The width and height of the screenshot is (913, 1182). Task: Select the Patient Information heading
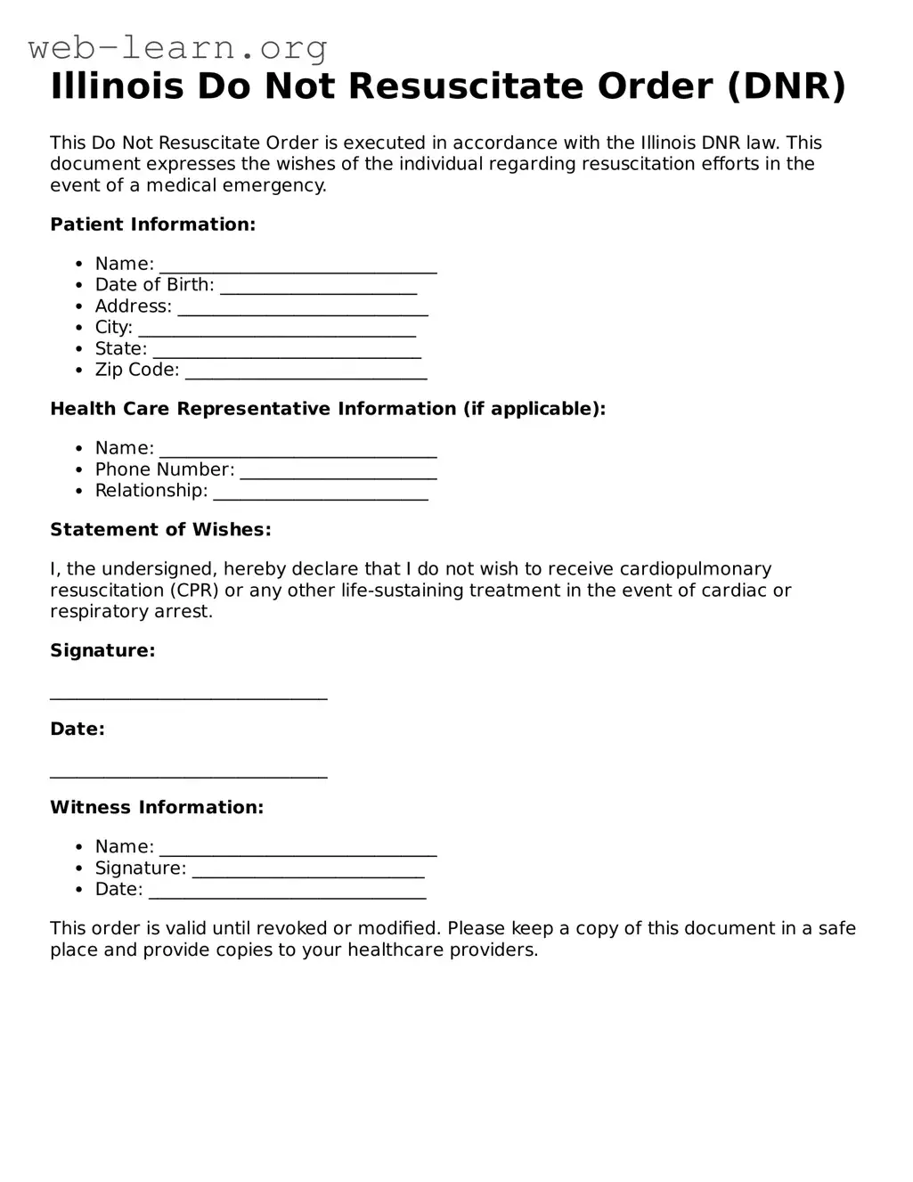pyautogui.click(x=152, y=224)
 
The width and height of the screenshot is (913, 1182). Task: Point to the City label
pyautogui.click(x=113, y=328)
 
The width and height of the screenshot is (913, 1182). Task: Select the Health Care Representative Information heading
pyautogui.click(x=327, y=409)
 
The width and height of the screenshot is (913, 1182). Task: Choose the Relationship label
pyautogui.click(x=151, y=491)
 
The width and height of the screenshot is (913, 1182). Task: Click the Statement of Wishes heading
pyautogui.click(x=160, y=530)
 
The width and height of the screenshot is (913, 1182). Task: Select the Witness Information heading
pyautogui.click(x=157, y=808)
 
